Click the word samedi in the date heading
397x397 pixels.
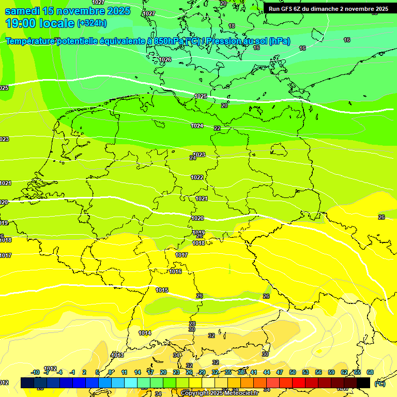[x=25, y=11]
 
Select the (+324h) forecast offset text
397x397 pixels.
[x=92, y=23]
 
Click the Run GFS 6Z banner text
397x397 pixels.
[x=328, y=9]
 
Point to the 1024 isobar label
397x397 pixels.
[x=197, y=126]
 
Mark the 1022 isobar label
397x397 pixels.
[x=197, y=177]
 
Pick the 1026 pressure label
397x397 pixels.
[x=165, y=60]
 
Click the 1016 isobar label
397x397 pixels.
[x=176, y=271]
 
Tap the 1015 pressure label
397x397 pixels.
[x=162, y=290]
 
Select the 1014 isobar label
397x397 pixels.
[x=145, y=333]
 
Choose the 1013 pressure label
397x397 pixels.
[x=117, y=355]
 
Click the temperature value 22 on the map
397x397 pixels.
[x=217, y=128]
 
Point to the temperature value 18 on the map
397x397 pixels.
[x=232, y=26]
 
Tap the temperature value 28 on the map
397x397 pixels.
[x=192, y=324]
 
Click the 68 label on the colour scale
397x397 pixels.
[x=370, y=372]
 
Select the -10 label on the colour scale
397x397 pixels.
[x=35, y=372]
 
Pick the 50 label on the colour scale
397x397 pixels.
[x=293, y=372]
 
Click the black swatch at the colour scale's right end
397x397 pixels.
[x=363, y=383]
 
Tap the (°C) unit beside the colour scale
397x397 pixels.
[x=380, y=384]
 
